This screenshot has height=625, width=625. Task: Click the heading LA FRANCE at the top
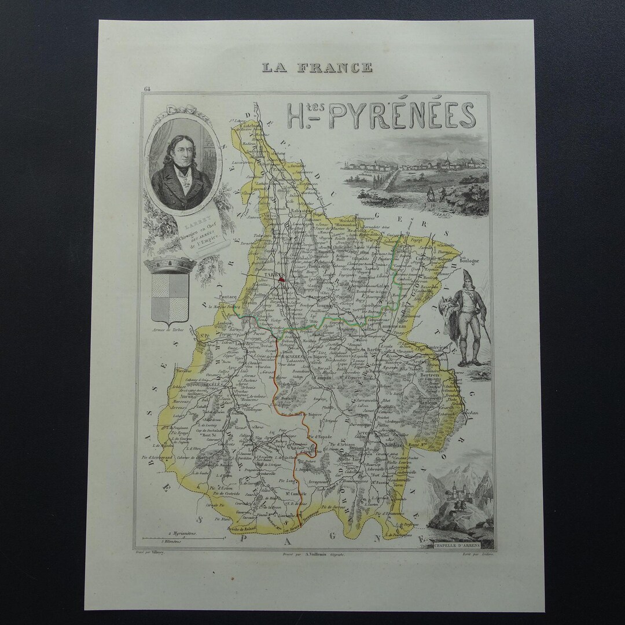[317, 67]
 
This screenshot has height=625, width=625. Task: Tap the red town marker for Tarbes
[282, 279]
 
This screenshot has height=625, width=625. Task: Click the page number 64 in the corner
[144, 89]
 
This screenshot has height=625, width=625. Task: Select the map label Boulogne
[470, 261]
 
